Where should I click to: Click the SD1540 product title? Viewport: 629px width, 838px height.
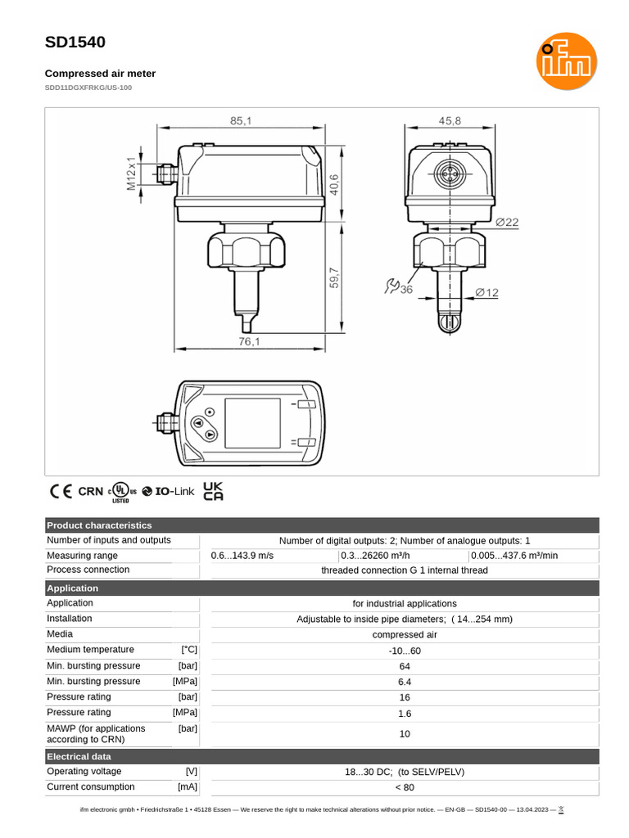[75, 43]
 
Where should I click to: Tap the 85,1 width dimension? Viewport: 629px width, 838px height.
[241, 120]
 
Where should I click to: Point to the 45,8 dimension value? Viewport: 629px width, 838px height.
[450, 120]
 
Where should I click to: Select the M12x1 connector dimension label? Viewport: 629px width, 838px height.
[130, 173]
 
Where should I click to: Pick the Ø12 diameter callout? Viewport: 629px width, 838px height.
[486, 292]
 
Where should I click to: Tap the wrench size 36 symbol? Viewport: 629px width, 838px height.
[399, 287]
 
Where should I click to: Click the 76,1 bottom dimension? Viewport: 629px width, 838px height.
[249, 342]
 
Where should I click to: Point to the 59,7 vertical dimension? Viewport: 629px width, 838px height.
[334, 279]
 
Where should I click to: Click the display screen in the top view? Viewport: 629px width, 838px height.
[252, 423]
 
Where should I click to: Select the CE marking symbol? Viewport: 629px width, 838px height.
[61, 492]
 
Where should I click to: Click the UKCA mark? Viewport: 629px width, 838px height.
[213, 491]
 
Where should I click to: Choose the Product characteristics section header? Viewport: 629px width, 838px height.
[99, 525]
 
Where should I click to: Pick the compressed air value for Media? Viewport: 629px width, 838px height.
[405, 634]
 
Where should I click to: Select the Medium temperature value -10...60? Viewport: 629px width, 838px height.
[405, 651]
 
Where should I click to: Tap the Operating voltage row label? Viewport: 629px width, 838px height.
[84, 772]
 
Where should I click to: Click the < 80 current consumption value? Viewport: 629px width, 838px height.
[405, 787]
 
